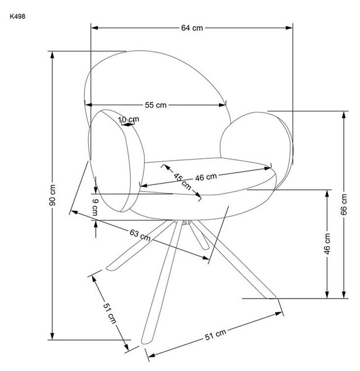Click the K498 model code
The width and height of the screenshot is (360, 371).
[x=17, y=17]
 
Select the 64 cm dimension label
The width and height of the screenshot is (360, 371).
[x=192, y=28]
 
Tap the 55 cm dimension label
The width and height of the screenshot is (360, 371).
[x=155, y=105]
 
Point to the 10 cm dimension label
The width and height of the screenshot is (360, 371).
[x=129, y=119]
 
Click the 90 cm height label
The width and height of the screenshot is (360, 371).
[x=53, y=195]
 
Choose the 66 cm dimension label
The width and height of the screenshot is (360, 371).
[x=344, y=205]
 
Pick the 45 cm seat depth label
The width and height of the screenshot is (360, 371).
[x=182, y=182]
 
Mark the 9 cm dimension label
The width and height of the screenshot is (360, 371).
[x=95, y=208]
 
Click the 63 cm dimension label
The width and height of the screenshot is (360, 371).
[x=140, y=235]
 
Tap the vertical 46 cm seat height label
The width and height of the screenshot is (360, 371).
[x=327, y=244]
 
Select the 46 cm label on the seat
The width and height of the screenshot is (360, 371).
[x=206, y=177]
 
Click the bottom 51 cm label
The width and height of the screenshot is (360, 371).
[x=215, y=335]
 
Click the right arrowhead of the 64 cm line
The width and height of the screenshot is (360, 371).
[x=289, y=28]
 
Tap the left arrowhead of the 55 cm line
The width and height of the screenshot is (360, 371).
[x=88, y=105]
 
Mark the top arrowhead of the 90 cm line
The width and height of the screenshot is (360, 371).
[x=53, y=55]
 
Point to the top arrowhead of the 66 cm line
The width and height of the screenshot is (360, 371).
[x=344, y=115]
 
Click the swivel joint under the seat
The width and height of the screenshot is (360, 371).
[x=186, y=222]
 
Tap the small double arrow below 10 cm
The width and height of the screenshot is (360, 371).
[x=128, y=124]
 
